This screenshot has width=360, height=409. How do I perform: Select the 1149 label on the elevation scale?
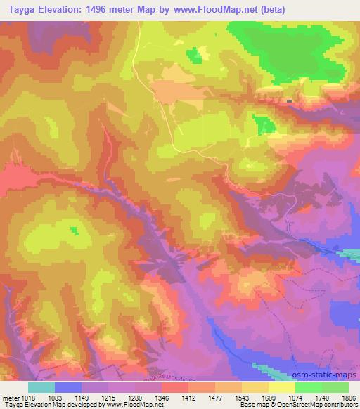[95, 397]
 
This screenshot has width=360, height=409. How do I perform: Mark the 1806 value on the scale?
[348, 397]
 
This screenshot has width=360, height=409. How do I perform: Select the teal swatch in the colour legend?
[41, 387]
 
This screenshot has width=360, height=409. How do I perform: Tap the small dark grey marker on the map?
[290, 101]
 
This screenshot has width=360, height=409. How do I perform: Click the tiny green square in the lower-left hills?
[75, 229]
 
